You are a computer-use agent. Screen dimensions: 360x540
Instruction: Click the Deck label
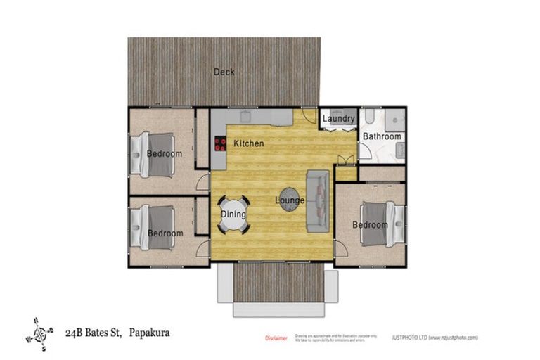pos(224,72)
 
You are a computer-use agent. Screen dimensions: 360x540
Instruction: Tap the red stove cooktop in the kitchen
pos(219,145)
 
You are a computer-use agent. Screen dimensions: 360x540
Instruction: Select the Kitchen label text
pos(248,144)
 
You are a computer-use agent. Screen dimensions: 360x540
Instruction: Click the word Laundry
pos(339,120)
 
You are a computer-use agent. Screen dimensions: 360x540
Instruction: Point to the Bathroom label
pos(382,136)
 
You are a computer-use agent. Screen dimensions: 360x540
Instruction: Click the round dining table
pos(233,214)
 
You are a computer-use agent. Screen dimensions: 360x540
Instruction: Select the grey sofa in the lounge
pos(318,201)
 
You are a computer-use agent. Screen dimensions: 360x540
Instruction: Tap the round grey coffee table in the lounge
pos(290,196)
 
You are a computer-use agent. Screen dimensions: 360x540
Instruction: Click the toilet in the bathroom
pos(369,116)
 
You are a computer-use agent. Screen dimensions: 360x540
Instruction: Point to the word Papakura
pos(149,331)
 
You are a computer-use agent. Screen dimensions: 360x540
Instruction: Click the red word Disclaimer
pos(276,337)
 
